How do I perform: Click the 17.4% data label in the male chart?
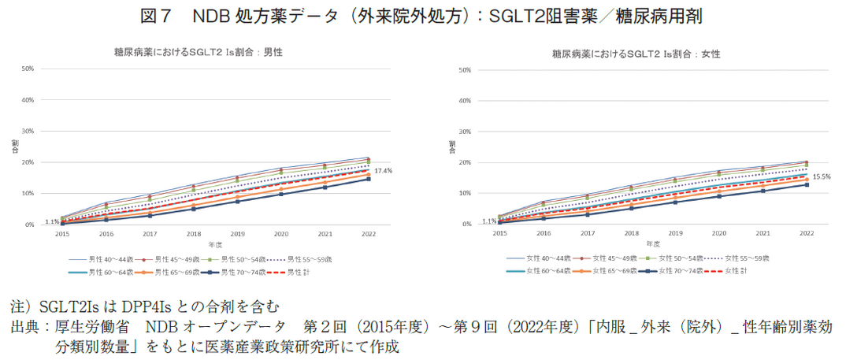(x=383, y=171)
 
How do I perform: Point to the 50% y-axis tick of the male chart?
(x=28, y=69)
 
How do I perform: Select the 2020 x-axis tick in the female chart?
(x=718, y=234)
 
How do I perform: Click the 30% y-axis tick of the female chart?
(x=464, y=132)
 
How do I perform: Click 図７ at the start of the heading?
(x=162, y=16)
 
